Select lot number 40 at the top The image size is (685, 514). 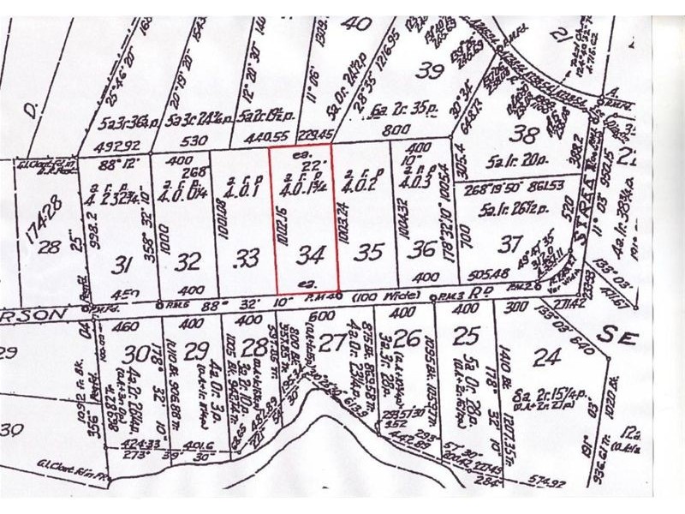tap(354, 23)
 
